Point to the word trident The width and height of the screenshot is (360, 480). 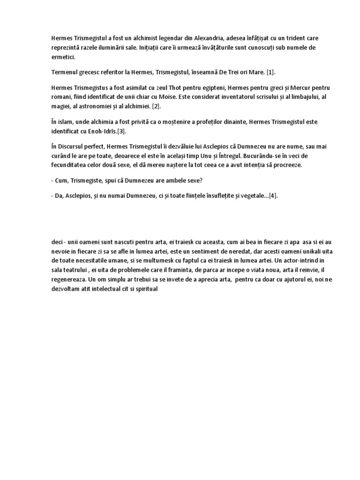pos(286,37)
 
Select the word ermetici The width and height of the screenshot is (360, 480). pos(63,57)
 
